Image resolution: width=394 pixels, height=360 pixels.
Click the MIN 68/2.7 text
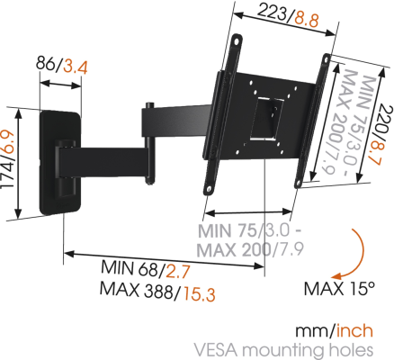coord(158,269)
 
